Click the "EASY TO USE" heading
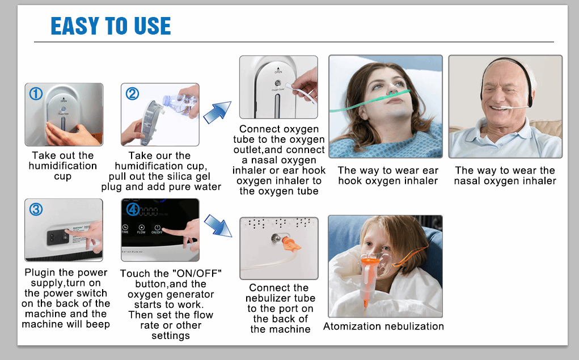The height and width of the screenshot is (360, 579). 111,26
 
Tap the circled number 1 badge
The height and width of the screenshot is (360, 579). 36,94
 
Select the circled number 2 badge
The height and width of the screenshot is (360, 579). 132,94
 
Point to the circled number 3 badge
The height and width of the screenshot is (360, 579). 36,209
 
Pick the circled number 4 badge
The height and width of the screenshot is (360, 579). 133,209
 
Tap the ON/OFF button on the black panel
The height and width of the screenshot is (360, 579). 157,229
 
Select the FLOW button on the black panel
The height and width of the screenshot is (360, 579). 141,229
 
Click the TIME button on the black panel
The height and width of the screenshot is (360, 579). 125,229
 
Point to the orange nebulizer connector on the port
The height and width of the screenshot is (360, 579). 290,244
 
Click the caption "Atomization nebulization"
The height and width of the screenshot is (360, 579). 384,327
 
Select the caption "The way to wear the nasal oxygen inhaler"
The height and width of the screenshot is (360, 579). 505,175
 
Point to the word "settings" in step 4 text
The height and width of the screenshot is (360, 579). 171,336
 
